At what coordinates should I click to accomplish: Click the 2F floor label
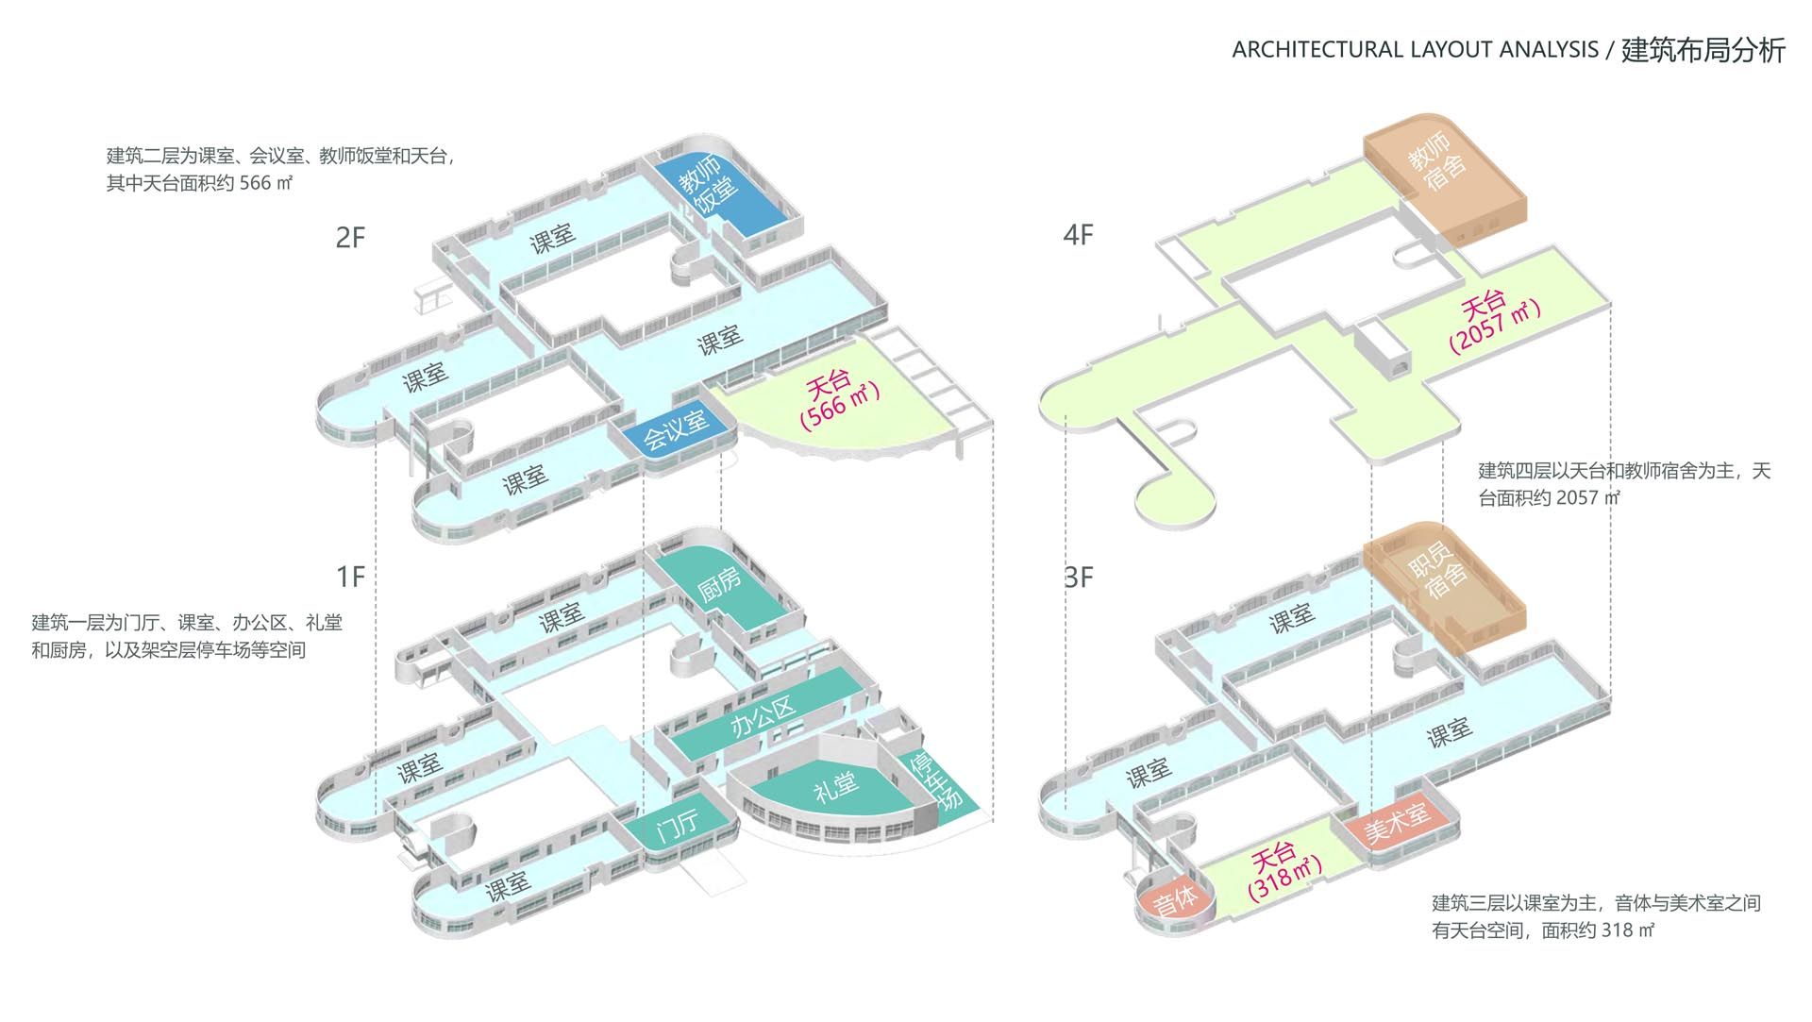tap(350, 237)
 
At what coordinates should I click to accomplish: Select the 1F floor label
tap(350, 577)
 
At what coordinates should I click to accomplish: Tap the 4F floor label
tap(1079, 234)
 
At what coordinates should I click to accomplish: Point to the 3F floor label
tap(1079, 577)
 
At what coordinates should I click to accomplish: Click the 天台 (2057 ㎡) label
tap(1493, 323)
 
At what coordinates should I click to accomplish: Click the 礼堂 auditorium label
tap(835, 786)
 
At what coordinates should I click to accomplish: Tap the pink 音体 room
tap(1174, 899)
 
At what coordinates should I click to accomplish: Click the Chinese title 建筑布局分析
tap(1703, 49)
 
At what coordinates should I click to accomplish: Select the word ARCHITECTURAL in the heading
tap(1318, 49)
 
